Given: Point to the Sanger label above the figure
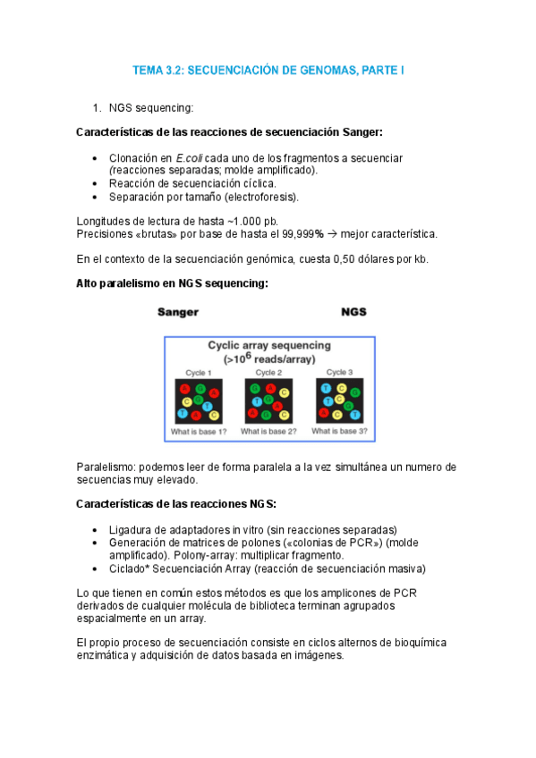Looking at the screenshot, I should [177, 313].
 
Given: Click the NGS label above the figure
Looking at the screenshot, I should [353, 313].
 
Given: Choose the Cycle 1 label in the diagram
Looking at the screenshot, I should [198, 372].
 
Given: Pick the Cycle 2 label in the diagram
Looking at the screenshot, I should [268, 372].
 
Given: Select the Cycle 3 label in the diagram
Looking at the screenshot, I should [337, 372].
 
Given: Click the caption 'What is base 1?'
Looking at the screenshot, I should [199, 432].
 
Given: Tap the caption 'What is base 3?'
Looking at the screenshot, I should [339, 431].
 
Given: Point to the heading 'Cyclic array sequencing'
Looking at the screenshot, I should [269, 344].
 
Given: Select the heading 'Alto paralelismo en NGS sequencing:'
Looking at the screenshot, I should [174, 283].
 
